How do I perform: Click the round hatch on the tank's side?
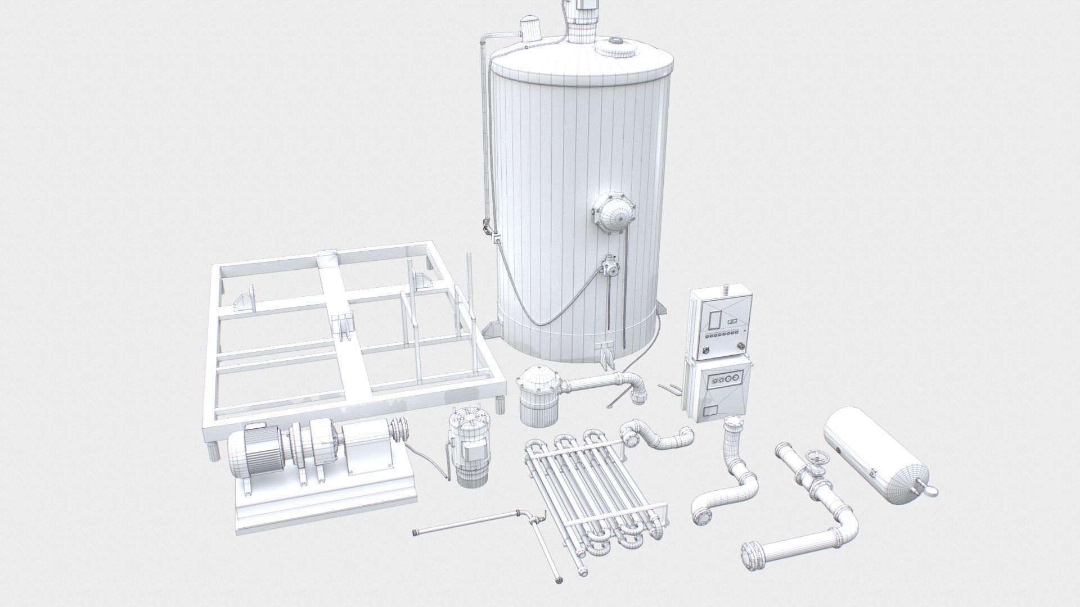(x=613, y=214)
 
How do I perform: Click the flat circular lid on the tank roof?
(x=617, y=47)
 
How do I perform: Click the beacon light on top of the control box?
(x=726, y=289)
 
